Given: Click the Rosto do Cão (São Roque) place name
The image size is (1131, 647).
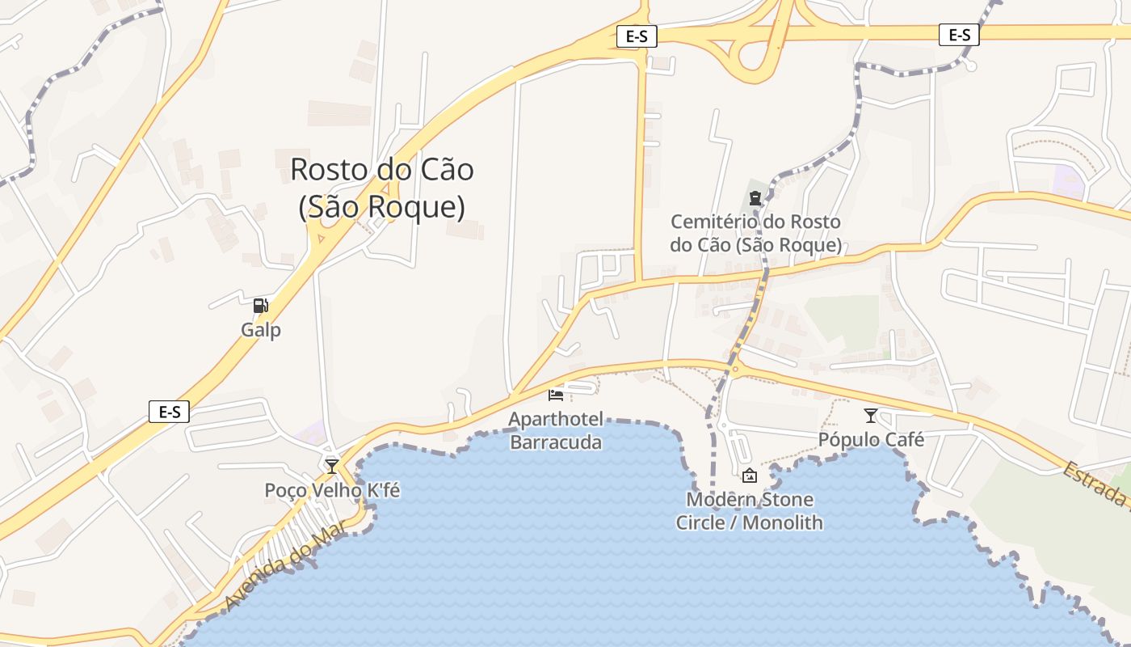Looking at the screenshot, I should tap(381, 188).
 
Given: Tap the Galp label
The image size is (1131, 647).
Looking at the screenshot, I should tap(261, 330).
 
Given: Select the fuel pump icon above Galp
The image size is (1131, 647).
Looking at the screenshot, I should tap(260, 306).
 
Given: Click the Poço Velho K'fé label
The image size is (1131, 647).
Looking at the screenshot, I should tap(332, 490).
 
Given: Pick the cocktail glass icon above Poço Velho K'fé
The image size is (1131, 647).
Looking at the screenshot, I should tap(331, 466).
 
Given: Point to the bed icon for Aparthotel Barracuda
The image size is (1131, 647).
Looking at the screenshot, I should tap(556, 395).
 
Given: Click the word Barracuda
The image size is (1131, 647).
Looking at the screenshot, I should tap(556, 442).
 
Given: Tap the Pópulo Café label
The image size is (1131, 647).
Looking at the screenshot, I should tap(871, 439).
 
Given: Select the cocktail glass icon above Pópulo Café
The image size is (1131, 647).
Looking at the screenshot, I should tap(870, 416).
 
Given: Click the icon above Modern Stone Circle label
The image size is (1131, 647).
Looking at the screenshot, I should tap(749, 476).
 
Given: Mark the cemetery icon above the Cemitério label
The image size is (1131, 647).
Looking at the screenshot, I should tap(755, 197).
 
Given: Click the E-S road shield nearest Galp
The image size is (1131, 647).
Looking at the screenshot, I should tap(170, 412).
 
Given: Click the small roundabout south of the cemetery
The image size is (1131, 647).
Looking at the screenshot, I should tap(735, 370).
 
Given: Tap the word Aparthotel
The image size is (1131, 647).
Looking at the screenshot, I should tap(556, 419).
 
